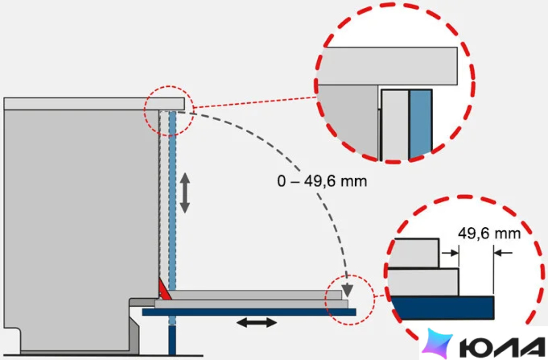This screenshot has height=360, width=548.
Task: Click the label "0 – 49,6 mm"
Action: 322,181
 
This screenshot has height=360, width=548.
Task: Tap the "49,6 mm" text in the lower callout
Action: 489,233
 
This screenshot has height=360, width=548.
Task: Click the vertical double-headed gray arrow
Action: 184,193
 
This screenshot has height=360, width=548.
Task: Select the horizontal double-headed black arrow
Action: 257,322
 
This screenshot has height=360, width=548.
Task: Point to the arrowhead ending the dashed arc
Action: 347,290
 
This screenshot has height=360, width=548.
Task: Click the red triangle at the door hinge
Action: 164,289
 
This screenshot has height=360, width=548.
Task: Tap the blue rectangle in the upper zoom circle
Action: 421,124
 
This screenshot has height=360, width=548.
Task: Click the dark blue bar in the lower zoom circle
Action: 442,308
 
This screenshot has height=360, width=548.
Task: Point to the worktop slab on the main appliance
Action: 94,104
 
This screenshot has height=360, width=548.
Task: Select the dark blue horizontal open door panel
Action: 249,312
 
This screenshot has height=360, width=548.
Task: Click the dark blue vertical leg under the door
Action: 172,340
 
